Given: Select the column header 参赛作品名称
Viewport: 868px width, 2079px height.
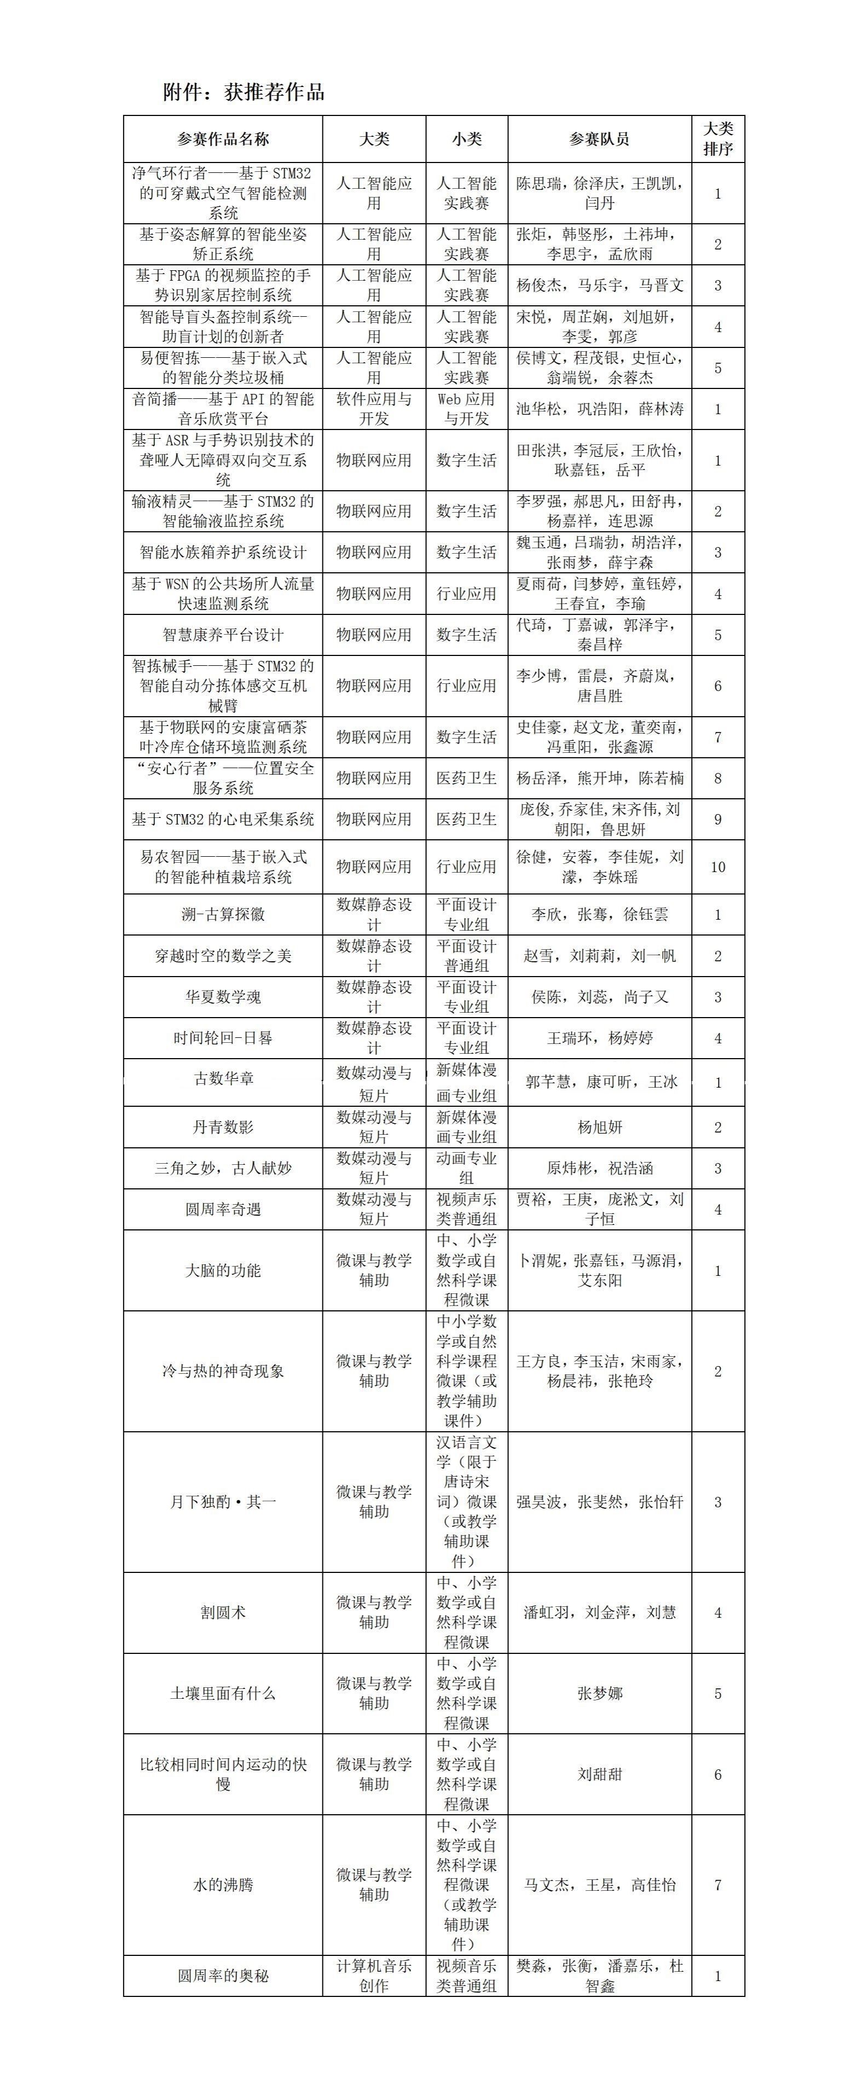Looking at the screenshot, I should (223, 140).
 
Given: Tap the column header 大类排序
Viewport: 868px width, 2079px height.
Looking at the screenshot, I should (718, 139).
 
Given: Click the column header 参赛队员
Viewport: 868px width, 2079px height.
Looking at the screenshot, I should (599, 140).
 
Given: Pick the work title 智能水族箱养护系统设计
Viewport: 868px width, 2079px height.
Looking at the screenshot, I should (223, 553).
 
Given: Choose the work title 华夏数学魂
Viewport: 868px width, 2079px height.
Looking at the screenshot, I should (223, 997).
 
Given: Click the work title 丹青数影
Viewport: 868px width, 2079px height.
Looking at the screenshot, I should (223, 1128).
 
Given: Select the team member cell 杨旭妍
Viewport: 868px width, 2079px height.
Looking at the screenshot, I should (599, 1128).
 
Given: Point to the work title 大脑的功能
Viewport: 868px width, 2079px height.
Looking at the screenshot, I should (223, 1270).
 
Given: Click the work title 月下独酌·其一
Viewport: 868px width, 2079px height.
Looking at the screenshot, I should (223, 1502).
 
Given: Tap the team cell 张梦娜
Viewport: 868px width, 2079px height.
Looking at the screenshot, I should (599, 1693).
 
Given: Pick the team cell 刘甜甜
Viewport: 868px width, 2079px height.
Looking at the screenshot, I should (599, 1775).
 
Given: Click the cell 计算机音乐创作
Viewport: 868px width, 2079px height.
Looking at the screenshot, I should (374, 1976).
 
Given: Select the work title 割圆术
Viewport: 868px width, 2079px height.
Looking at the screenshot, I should (223, 1612).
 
